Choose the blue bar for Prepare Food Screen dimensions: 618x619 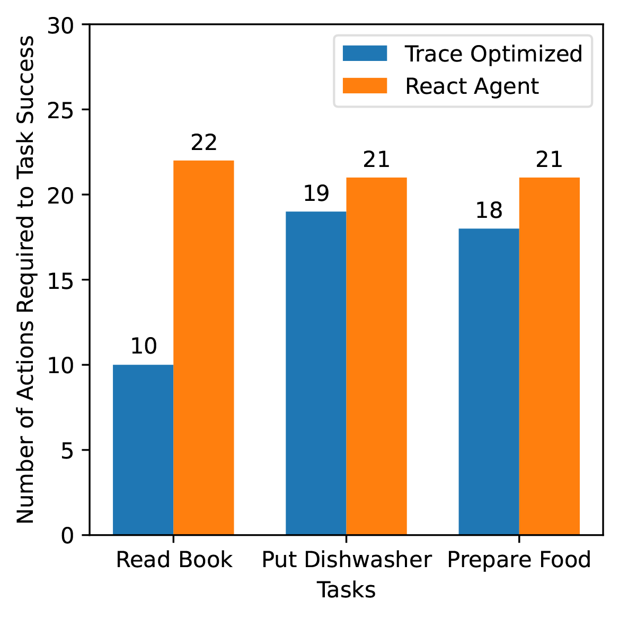(489, 382)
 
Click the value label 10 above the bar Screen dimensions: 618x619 (144, 347)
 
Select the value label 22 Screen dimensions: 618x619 (204, 143)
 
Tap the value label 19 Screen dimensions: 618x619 (316, 193)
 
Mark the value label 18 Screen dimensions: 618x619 (489, 210)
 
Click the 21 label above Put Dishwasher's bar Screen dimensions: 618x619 (376, 160)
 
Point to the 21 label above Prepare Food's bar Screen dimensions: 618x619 (549, 160)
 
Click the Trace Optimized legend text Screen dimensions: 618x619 (493, 54)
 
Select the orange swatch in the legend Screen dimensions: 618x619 (365, 86)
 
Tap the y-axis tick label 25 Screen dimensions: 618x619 (61, 110)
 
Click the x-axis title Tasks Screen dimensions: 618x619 (346, 590)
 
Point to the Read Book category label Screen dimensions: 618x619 (174, 560)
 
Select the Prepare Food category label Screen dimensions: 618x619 (519, 560)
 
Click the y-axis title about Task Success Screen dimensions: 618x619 (25, 279)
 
